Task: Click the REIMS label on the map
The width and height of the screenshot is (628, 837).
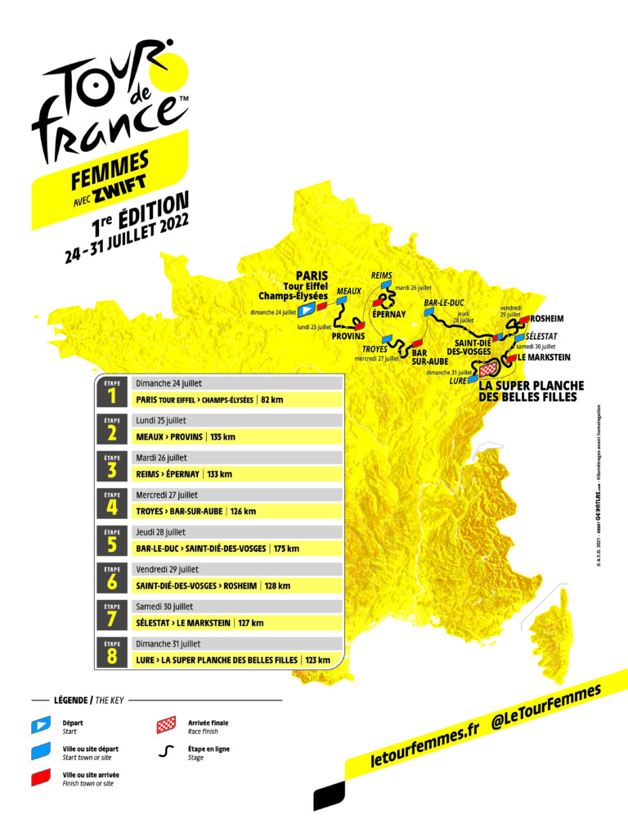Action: coord(382,275)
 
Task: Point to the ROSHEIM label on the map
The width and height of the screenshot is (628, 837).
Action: coord(547,318)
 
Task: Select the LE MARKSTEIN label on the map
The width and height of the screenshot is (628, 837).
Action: coord(544,357)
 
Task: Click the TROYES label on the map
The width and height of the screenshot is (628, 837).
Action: coord(375,349)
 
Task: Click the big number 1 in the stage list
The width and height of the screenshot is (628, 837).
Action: coord(112,396)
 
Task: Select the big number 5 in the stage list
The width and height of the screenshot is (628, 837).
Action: coord(112,544)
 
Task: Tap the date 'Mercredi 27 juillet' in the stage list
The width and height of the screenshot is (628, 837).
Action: coord(168,495)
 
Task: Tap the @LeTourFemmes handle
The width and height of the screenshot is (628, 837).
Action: coord(545,705)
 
